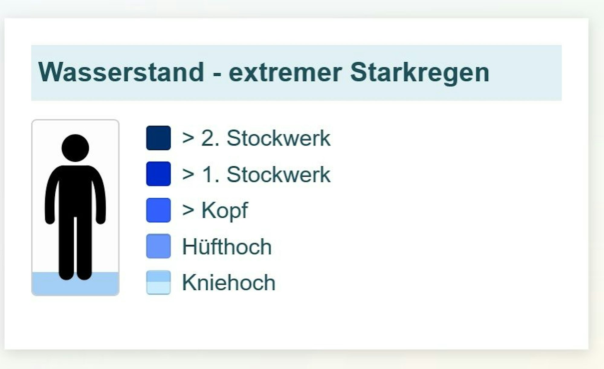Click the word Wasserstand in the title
(121, 73)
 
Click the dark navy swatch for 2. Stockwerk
(158, 138)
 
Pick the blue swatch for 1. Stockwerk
(158, 174)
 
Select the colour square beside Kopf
(158, 210)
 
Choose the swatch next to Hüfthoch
(158, 246)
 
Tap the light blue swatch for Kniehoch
(158, 282)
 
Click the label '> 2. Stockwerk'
(256, 138)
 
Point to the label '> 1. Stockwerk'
(256, 175)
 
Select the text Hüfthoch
(227, 247)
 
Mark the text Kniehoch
(229, 283)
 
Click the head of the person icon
(75, 148)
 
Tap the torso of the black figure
(75, 191)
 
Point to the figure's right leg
(84, 248)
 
